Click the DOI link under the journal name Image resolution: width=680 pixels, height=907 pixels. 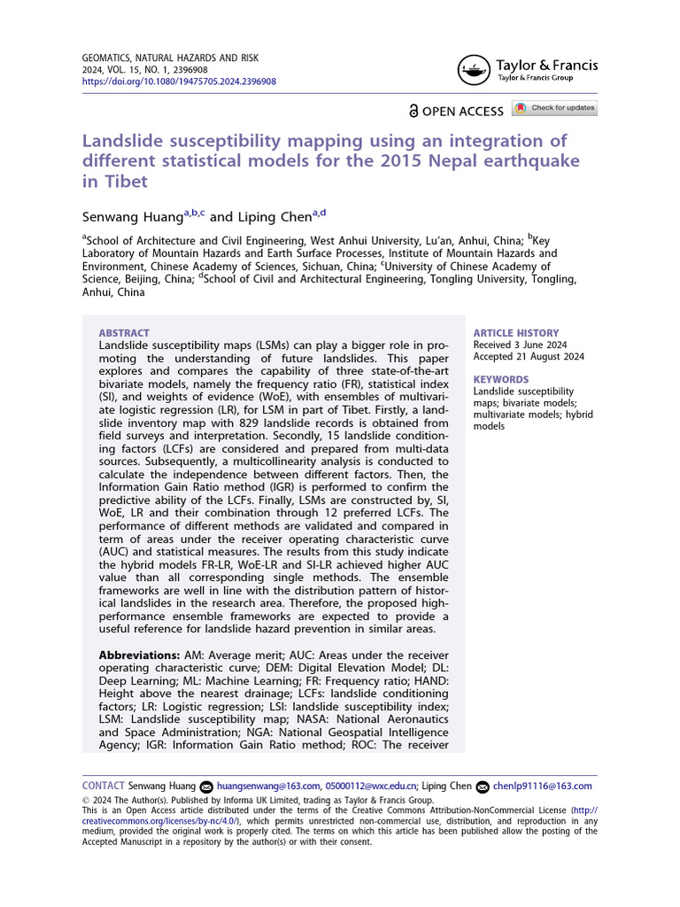coord(179,81)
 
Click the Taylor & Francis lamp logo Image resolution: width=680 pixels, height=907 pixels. coord(475,71)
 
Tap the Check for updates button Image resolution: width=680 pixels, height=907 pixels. coord(555,108)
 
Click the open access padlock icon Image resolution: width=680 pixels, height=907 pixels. coord(413,112)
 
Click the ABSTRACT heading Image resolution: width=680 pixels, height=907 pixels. coord(124,333)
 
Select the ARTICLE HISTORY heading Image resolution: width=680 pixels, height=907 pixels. coord(516,333)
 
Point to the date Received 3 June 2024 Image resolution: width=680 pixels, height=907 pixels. coord(520,345)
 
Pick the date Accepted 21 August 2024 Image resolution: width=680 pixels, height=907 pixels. coord(529,358)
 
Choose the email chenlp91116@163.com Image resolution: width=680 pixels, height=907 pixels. coord(543,786)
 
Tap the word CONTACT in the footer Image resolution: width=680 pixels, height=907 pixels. coord(103,786)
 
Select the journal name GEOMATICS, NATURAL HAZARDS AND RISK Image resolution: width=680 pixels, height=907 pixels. coord(170,58)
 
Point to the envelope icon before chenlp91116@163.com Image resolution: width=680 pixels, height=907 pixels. coord(483,787)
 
